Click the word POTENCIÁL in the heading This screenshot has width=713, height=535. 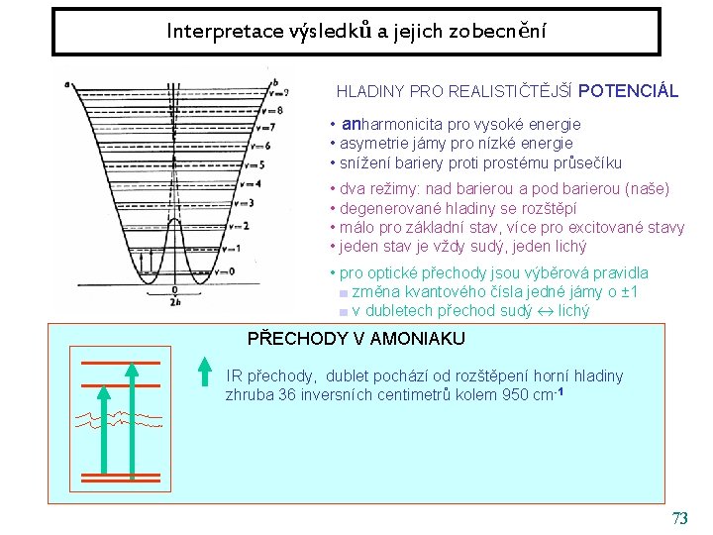628,91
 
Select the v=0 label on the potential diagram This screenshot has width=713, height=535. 227,271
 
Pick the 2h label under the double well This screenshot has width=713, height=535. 174,302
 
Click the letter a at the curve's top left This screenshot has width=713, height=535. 66,84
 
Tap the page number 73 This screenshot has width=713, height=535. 679,518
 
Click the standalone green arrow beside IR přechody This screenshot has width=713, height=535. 204,372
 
